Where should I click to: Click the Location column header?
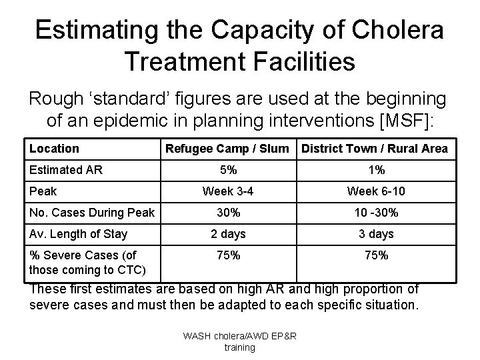pos(54,149)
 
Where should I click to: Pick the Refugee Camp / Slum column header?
pos(227,149)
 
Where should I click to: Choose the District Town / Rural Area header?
pos(375,149)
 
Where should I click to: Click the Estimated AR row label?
pos(66,170)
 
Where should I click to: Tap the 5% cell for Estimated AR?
pos(228,170)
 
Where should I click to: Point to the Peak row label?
pos(43,191)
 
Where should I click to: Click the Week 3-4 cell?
pos(228,191)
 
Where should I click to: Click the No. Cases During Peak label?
pos(91,213)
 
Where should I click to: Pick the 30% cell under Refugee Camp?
pos(228,213)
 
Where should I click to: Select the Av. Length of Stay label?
pos(78,234)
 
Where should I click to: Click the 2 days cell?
pos(228,234)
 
